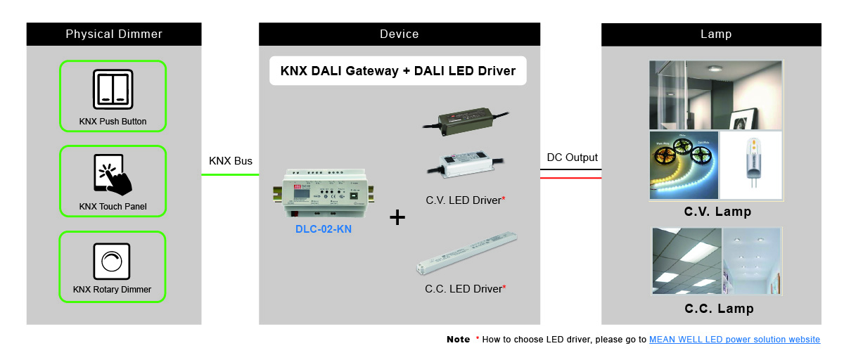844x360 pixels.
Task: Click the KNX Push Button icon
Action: [x=113, y=88]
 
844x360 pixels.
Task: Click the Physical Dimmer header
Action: [x=114, y=34]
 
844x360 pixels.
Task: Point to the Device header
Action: [x=399, y=34]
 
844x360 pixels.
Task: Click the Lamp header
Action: [x=711, y=34]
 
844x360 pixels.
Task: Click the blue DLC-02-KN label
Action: [x=324, y=229]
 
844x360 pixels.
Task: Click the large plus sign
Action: [x=397, y=217]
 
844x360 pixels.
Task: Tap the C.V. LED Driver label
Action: [x=465, y=200]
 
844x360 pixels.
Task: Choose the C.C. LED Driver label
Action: [x=465, y=288]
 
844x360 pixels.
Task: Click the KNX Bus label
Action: [x=231, y=161]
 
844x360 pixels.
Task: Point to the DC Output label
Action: [x=572, y=157]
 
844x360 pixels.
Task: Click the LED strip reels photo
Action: [x=684, y=165]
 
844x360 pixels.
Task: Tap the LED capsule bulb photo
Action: [x=751, y=165]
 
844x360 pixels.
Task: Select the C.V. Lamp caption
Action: [x=717, y=212]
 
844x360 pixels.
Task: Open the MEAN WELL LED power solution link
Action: [x=734, y=340]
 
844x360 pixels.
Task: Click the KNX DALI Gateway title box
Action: [x=398, y=71]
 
